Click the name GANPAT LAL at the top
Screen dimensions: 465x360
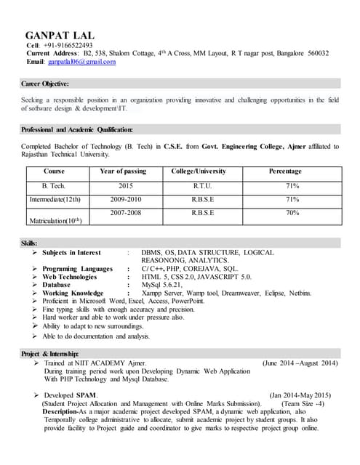(59, 35)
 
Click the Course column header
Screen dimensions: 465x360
(54, 171)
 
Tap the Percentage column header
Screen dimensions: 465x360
(285, 171)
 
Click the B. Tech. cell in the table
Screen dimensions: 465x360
(54, 185)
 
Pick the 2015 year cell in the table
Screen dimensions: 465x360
(125, 185)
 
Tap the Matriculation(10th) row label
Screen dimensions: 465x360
(55, 220)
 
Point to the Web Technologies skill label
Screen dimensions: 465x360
(70, 277)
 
